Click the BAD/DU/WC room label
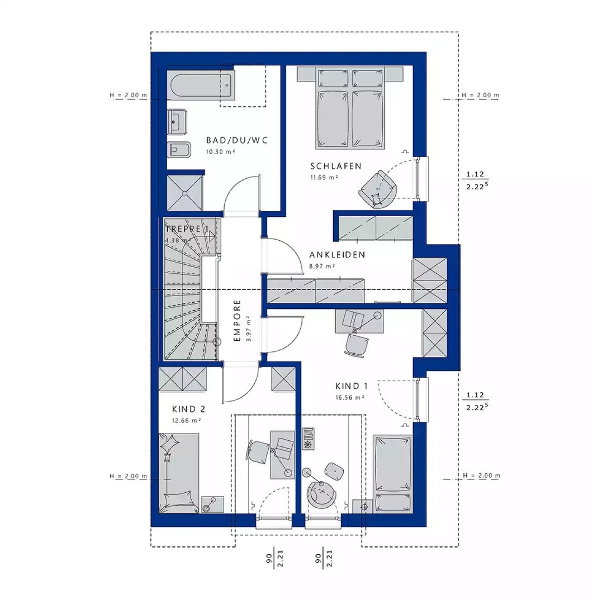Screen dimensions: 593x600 tap(237, 140)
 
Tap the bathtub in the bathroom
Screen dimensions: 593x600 tap(202, 85)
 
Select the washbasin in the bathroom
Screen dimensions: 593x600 tap(177, 122)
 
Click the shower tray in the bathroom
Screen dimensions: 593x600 tap(185, 193)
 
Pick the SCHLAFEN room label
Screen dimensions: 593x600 tap(336, 166)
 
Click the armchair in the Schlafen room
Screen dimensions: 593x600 tap(378, 189)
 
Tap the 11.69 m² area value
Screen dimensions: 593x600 tap(324, 178)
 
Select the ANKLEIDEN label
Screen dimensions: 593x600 tap(337, 255)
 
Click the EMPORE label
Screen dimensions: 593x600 tap(238, 321)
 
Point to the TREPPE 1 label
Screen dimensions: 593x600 tap(187, 229)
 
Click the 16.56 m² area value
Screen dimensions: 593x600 tap(350, 398)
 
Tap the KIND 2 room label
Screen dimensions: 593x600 tap(189, 409)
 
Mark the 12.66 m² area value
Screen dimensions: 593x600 tap(186, 421)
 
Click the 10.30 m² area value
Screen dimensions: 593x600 tap(220, 152)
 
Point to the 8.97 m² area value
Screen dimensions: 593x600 tap(322, 266)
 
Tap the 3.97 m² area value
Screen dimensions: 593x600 tap(249, 330)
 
